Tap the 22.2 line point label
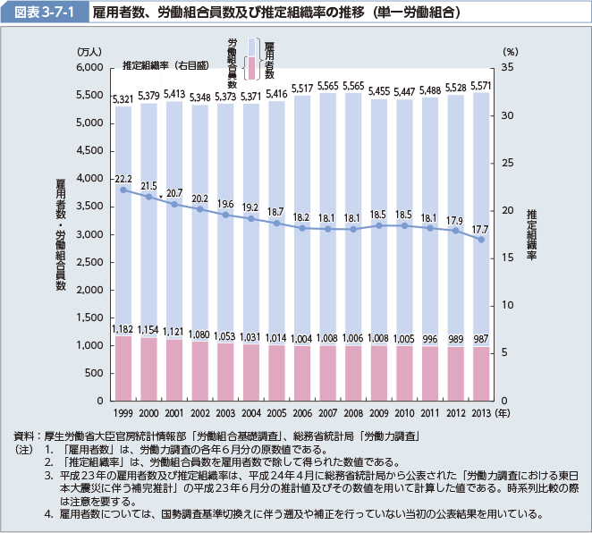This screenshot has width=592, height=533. tap(123, 179)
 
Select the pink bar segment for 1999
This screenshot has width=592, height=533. tap(123, 367)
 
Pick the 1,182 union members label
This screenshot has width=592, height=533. tap(123, 330)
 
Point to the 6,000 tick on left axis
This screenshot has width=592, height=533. tap(91, 68)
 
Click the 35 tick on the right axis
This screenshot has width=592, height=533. tap(507, 68)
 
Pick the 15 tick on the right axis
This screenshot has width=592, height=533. tap(507, 258)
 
